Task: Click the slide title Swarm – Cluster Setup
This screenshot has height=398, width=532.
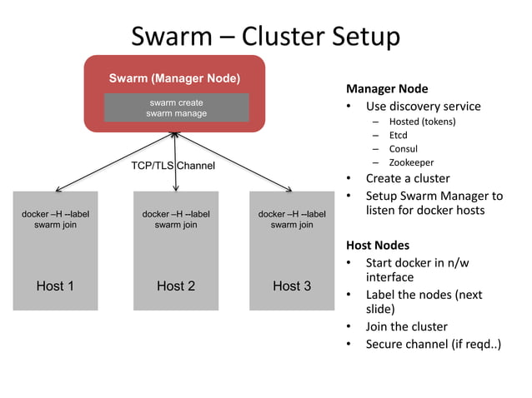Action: (x=266, y=37)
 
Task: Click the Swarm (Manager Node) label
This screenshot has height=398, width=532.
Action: (x=174, y=78)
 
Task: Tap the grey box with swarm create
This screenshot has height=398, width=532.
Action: (x=177, y=107)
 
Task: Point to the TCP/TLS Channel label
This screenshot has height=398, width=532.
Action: (x=173, y=166)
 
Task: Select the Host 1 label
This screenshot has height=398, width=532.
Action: (x=55, y=286)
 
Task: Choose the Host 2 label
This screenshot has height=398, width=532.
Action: (x=176, y=286)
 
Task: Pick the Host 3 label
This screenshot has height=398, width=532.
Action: (x=292, y=286)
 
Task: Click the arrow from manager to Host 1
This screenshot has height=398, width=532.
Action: (x=115, y=162)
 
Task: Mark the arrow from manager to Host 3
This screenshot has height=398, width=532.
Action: (x=233, y=162)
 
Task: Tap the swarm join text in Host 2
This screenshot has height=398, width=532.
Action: (x=176, y=225)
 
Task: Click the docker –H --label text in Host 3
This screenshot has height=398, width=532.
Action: (x=292, y=214)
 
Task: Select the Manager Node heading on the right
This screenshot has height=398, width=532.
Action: (x=387, y=89)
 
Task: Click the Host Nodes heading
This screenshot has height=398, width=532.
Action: (x=378, y=246)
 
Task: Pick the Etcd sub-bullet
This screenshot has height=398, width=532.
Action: (x=398, y=135)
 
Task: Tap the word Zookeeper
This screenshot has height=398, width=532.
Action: (x=411, y=162)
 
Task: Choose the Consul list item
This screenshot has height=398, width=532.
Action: (x=403, y=149)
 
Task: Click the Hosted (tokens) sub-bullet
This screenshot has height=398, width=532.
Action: (x=423, y=122)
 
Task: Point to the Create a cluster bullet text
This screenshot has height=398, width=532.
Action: (x=408, y=178)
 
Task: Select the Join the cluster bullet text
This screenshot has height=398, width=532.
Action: (x=406, y=326)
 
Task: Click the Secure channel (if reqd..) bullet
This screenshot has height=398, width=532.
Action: (x=434, y=344)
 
